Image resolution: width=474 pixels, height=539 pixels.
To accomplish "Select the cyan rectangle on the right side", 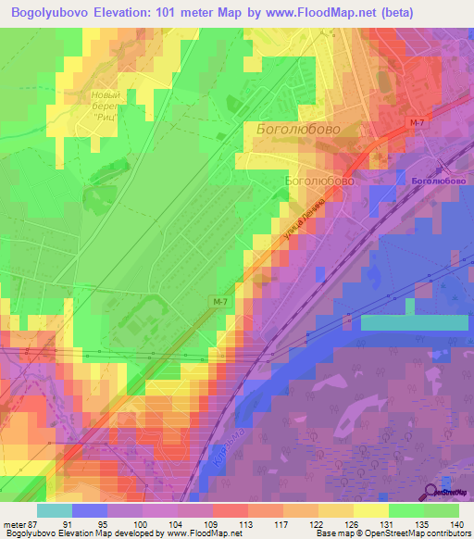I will (x=413, y=322).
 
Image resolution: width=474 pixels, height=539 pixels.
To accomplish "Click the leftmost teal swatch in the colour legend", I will (x=54, y=510).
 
